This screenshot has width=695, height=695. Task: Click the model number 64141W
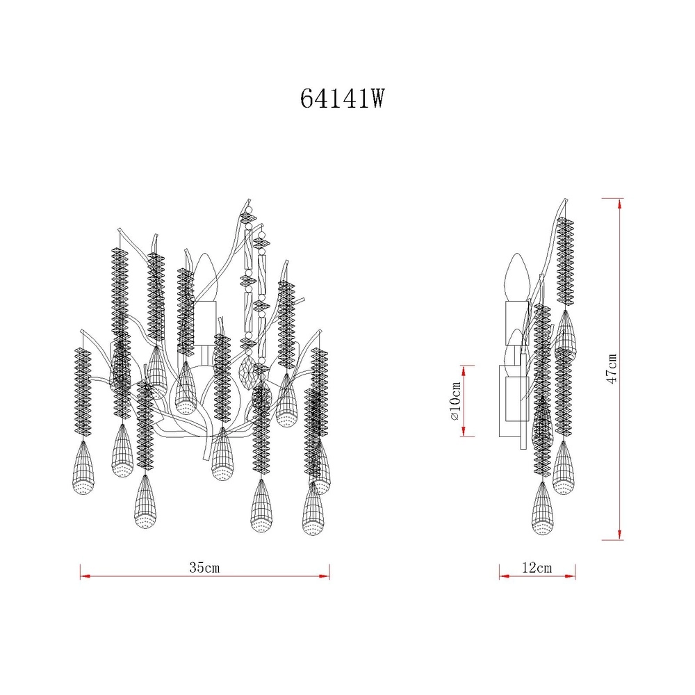[342, 99]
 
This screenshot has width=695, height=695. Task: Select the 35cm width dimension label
[204, 567]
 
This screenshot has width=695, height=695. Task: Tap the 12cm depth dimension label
[537, 567]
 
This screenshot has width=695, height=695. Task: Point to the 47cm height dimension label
[612, 369]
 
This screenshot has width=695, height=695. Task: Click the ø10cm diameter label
[456, 401]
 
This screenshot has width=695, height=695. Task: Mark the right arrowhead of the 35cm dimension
[325, 576]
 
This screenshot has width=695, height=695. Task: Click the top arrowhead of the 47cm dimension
[620, 204]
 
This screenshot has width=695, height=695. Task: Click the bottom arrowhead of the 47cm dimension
[620, 534]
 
